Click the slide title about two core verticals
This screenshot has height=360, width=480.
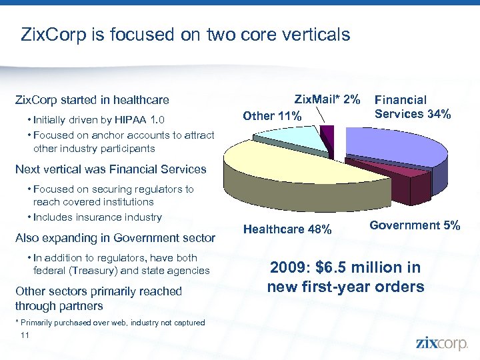pyautogui.click(x=185, y=34)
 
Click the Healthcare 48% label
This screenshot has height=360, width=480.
pyautogui.click(x=287, y=229)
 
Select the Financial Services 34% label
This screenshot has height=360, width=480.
pyautogui.click(x=412, y=107)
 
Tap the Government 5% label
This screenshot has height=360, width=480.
pyautogui.click(x=415, y=225)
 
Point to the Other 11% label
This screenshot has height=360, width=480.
pyautogui.click(x=272, y=116)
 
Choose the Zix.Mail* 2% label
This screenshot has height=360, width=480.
pyautogui.click(x=327, y=99)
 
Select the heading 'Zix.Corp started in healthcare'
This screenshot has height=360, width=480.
pyautogui.click(x=92, y=100)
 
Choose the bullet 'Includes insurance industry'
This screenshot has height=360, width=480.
pyautogui.click(x=97, y=217)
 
